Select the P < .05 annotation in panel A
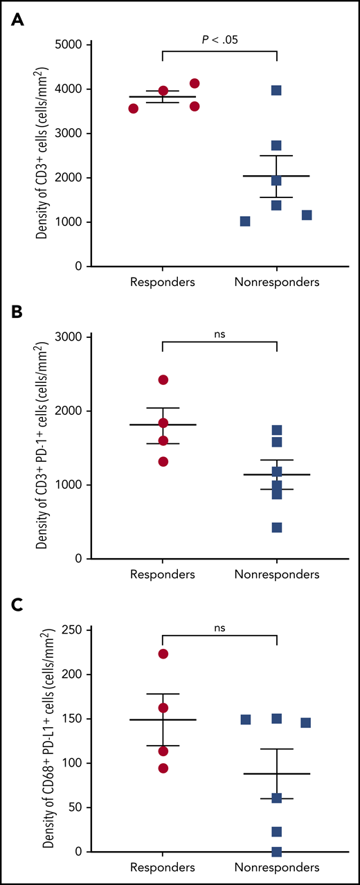219,39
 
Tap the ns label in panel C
219,628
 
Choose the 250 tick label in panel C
71,630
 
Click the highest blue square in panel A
276,91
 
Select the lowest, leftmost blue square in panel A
245,222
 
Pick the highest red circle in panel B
163,379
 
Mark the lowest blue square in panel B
276,528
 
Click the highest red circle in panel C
163,654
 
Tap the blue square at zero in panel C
276,851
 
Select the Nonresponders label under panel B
276,574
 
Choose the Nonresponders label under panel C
276,867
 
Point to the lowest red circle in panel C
163,768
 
